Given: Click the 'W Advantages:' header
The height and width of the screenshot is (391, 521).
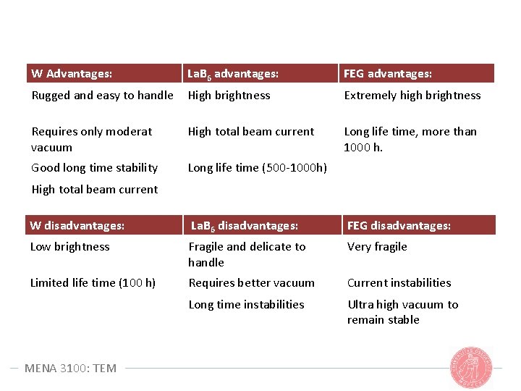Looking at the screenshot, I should [72, 74].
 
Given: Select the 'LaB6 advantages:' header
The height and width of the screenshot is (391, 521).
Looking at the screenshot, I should [233, 74].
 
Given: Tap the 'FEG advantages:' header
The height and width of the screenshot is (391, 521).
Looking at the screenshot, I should [388, 74].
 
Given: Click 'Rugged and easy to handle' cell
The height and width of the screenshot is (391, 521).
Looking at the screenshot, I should [102, 95].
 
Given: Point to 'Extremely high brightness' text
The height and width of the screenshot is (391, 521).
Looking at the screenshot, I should [412, 95].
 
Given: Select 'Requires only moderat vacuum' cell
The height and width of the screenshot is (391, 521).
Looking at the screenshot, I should [91, 139].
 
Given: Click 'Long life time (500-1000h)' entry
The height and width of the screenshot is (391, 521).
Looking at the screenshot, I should [257, 167].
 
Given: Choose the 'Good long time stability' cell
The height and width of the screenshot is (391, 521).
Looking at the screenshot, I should [94, 167].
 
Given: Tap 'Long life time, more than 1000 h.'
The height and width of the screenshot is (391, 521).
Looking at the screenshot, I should [410, 139].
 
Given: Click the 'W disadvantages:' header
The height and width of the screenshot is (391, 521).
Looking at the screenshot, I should [77, 225].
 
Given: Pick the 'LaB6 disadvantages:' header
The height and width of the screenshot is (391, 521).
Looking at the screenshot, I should [244, 225].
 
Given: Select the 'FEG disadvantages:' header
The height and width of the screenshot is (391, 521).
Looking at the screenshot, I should [399, 225].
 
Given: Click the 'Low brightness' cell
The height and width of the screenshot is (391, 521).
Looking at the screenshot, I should [69, 246].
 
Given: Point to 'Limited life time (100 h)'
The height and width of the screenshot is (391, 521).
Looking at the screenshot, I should [93, 282].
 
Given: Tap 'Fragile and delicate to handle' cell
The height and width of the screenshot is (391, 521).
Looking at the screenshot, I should [247, 254].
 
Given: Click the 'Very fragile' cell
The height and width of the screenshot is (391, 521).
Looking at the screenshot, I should [377, 246].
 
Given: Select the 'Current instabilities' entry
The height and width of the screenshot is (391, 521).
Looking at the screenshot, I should [399, 282].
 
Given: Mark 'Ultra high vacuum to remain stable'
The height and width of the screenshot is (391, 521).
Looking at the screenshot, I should [402, 312].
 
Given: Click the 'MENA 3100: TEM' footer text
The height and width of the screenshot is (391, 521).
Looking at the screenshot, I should [70, 368].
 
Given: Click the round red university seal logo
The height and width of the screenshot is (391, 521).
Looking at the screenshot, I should [471, 367].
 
